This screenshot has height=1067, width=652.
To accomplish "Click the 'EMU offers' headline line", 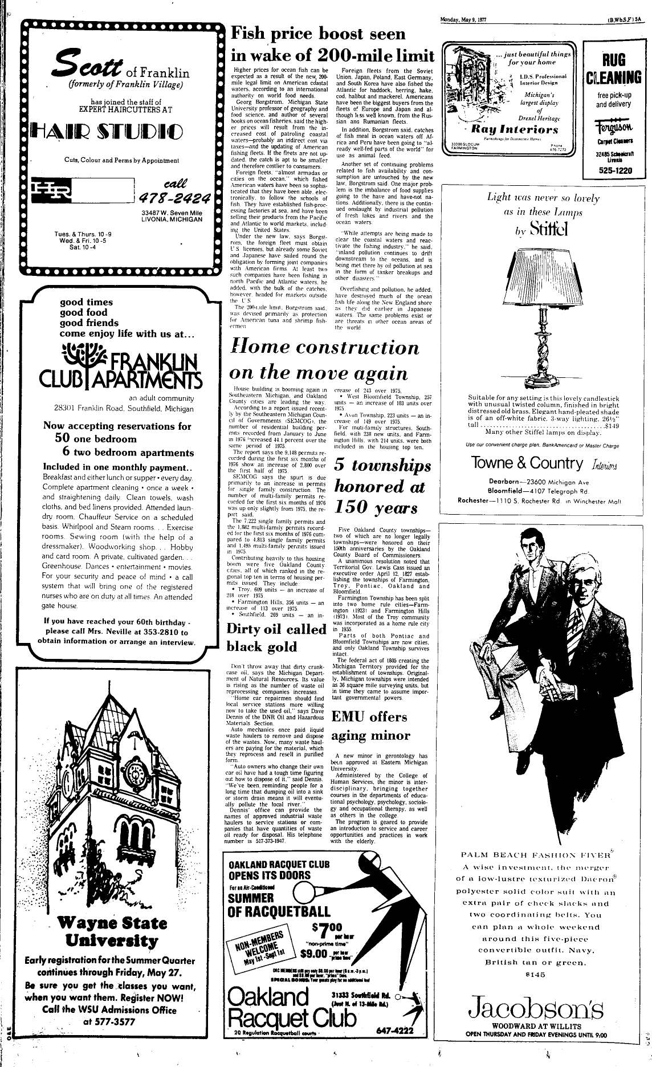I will pos(369,716).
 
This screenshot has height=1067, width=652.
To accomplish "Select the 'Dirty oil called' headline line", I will pos(276,629).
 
